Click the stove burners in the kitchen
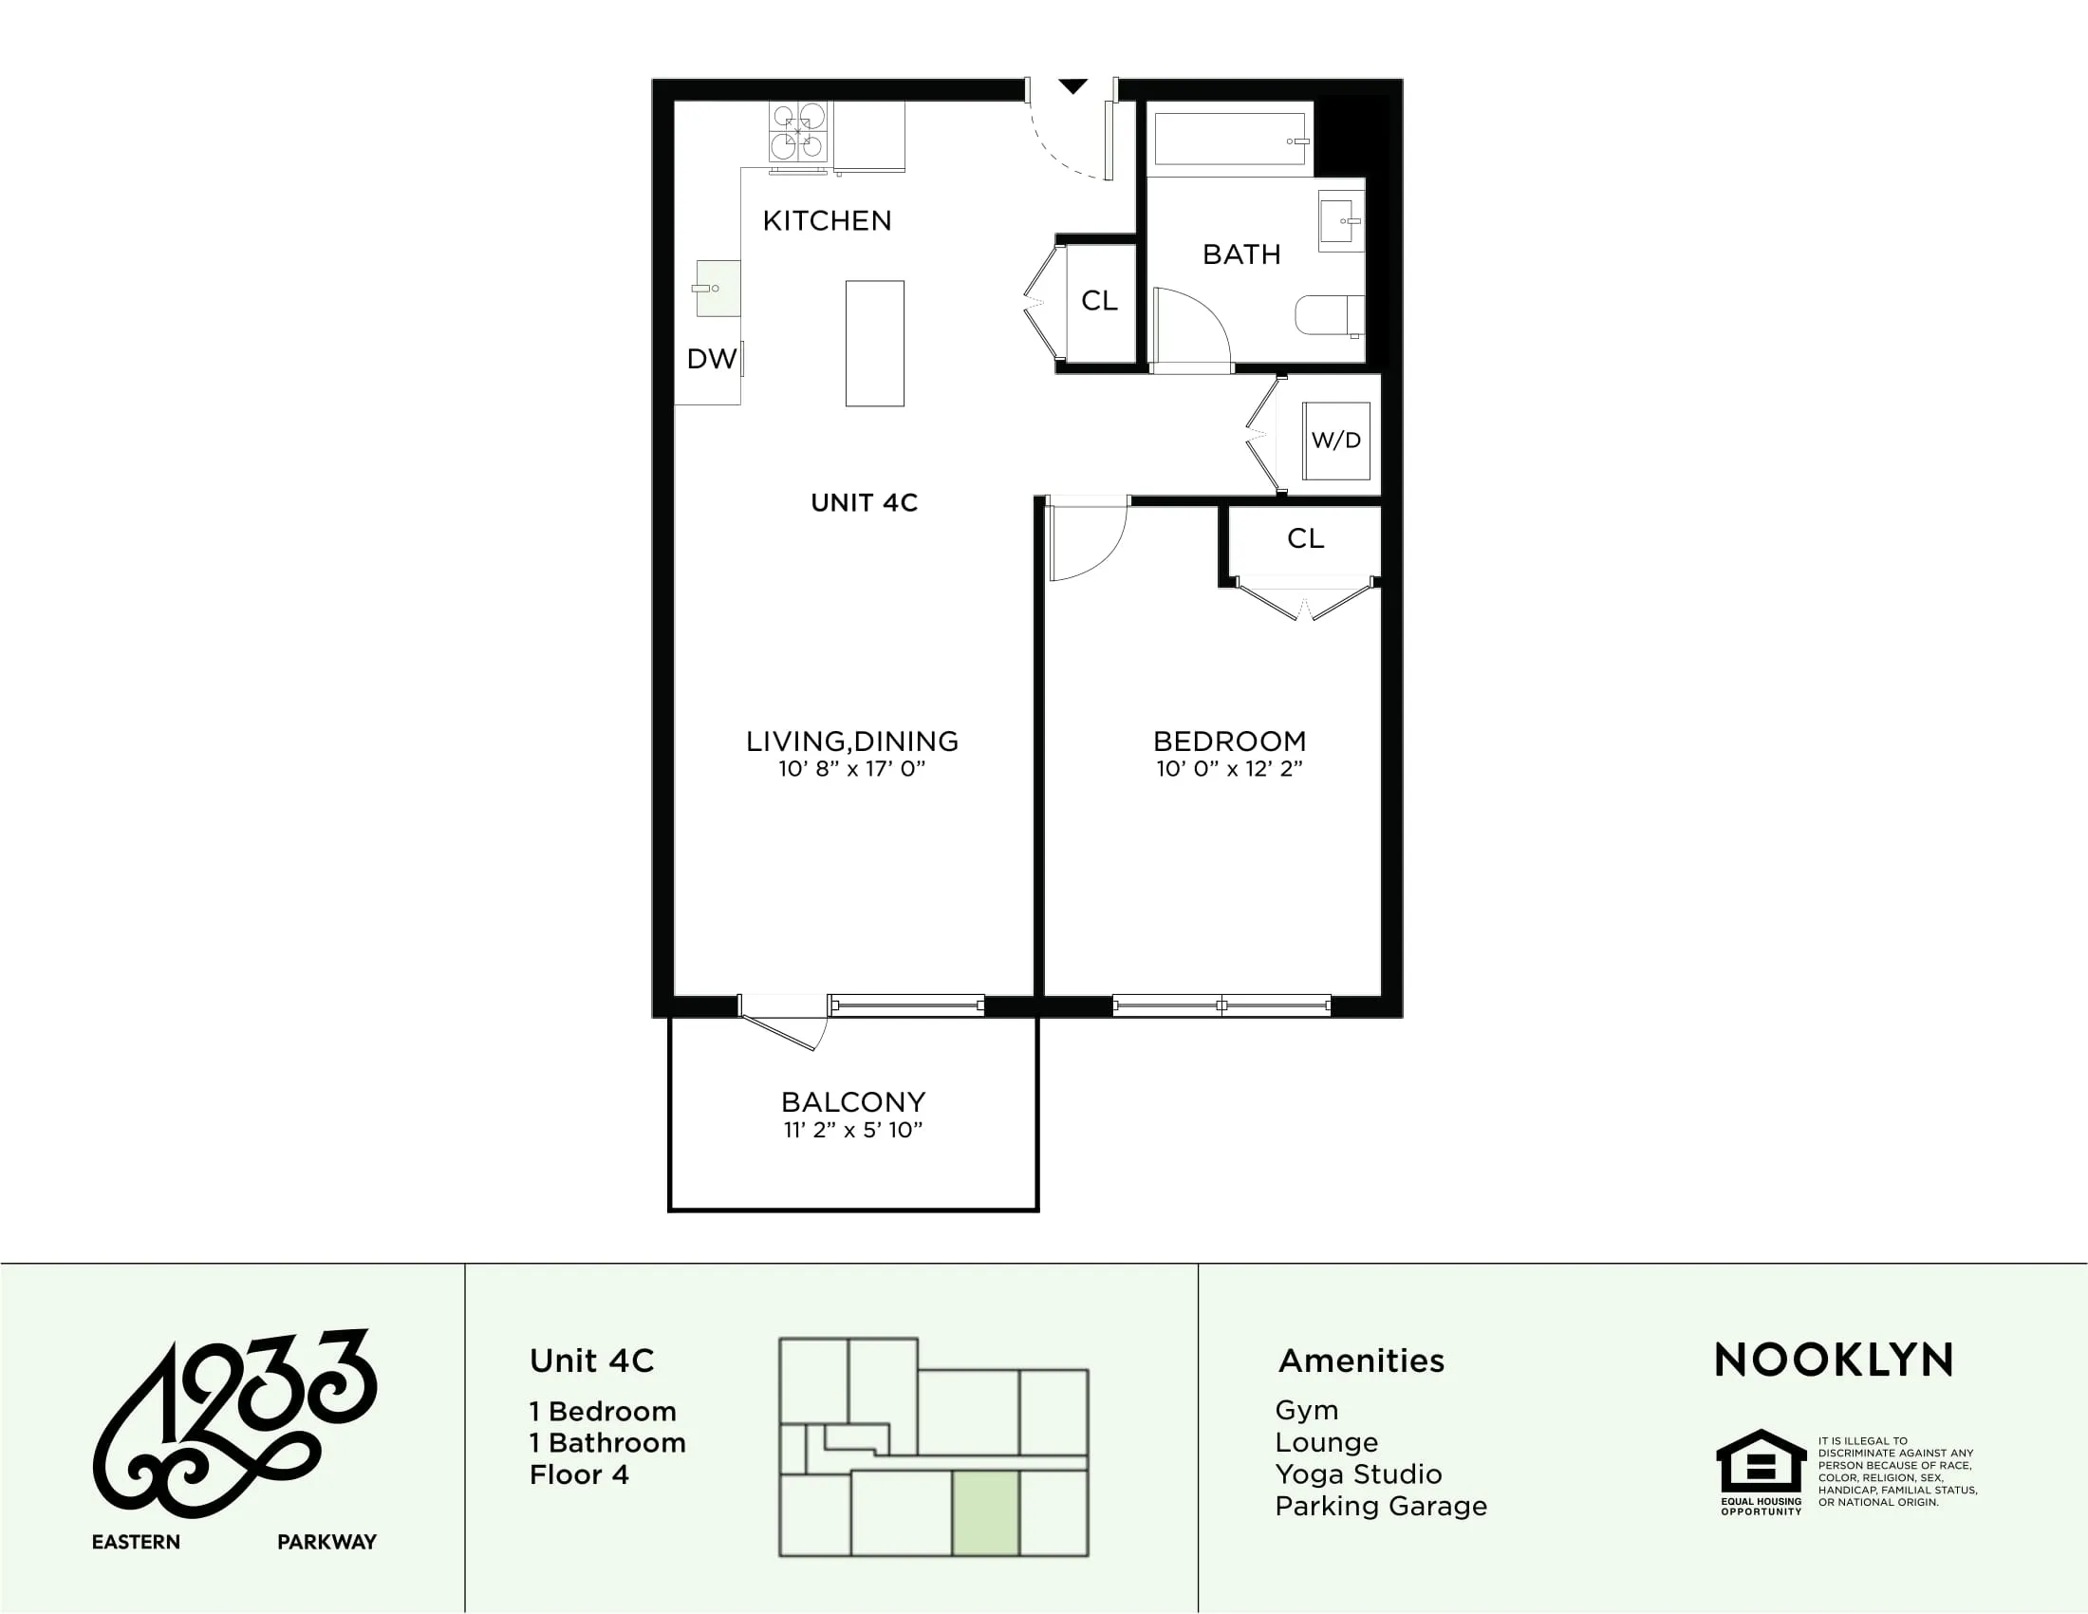(x=798, y=131)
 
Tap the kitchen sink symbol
(x=717, y=288)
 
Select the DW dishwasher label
(x=711, y=360)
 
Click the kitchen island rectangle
(x=874, y=344)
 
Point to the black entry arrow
(x=1072, y=87)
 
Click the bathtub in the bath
(x=1229, y=140)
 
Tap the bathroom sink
(x=1340, y=221)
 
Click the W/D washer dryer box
(x=1335, y=441)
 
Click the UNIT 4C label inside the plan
(x=864, y=503)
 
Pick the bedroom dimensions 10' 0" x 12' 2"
(x=1229, y=769)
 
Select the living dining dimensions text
(x=851, y=769)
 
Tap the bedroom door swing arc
(x=1090, y=545)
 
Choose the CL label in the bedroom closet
(x=1305, y=538)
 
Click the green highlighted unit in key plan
(x=985, y=1513)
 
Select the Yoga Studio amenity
(x=1357, y=1474)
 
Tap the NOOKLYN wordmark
(x=1834, y=1361)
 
